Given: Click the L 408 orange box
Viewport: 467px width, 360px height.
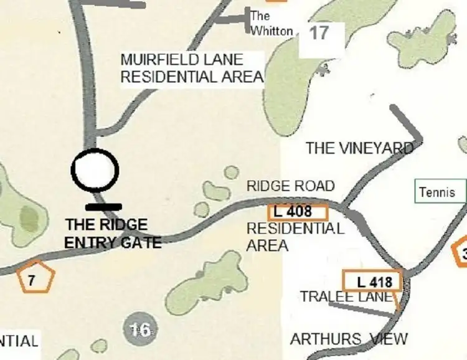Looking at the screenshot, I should click(x=298, y=212).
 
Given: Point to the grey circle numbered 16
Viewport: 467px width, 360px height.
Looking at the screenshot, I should click(x=140, y=328).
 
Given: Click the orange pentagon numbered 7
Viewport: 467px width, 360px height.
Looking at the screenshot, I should click(x=31, y=278).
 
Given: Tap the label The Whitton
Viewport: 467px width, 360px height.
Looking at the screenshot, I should click(x=271, y=23).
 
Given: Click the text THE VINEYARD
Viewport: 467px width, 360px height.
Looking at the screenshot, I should click(x=359, y=148).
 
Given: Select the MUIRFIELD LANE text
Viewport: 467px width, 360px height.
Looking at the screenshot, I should click(x=181, y=60).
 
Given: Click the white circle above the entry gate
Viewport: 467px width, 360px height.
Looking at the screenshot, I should click(x=95, y=169).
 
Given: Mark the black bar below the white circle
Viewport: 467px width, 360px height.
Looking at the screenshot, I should click(x=103, y=206).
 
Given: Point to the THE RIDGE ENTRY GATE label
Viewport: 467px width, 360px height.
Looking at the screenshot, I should click(x=113, y=234).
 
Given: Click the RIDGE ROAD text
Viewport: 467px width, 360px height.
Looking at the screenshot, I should click(x=290, y=186).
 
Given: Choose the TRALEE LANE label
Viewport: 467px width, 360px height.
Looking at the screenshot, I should click(x=346, y=297).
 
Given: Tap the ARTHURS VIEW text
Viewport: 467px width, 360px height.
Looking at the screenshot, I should click(x=349, y=339).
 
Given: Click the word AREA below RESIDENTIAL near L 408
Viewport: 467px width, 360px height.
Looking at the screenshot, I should click(x=267, y=245).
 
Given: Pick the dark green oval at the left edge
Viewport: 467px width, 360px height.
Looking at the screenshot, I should click(x=29, y=220).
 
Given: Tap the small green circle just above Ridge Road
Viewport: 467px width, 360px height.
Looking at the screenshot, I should click(x=231, y=173).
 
